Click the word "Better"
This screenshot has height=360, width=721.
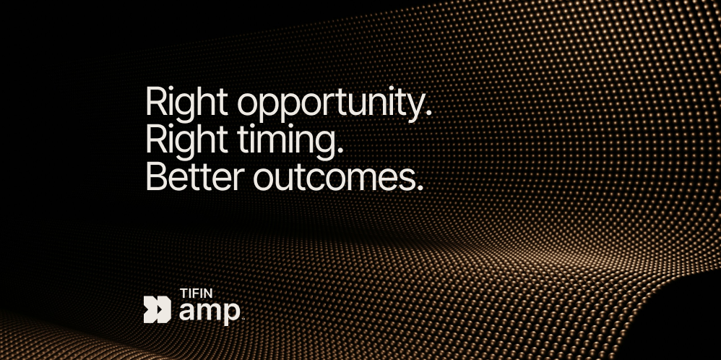[x=195, y=177]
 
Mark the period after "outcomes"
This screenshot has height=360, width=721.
[x=419, y=188]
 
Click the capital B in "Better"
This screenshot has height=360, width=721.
[x=155, y=177]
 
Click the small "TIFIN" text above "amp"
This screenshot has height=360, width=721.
[x=196, y=293]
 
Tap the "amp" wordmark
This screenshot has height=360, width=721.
[x=210, y=312]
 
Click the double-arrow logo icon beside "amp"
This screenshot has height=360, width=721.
[x=157, y=309]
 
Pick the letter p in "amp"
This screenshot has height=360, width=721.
[x=231, y=314]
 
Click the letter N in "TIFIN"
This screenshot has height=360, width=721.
[x=208, y=293]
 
